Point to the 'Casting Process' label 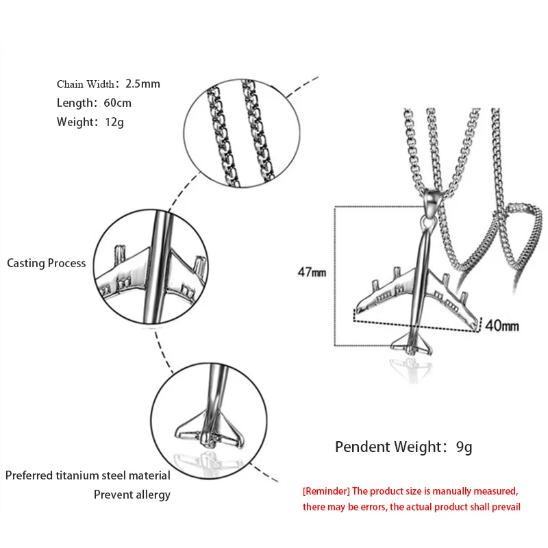tap(47, 263)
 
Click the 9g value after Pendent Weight tap(464, 448)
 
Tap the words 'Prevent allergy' tap(132, 494)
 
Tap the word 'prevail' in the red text tap(504, 507)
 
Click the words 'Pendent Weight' tap(387, 448)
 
